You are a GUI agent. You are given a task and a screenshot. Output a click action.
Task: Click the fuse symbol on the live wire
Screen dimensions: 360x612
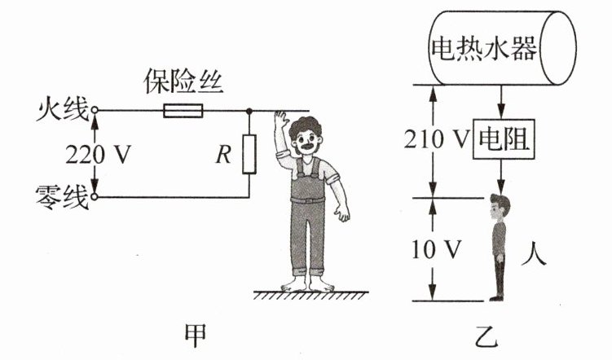pos(183,110)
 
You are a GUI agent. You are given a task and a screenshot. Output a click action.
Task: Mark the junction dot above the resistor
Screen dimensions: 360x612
pos(249,110)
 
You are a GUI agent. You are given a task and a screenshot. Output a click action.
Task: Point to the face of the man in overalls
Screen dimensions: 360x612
pos(309,143)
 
